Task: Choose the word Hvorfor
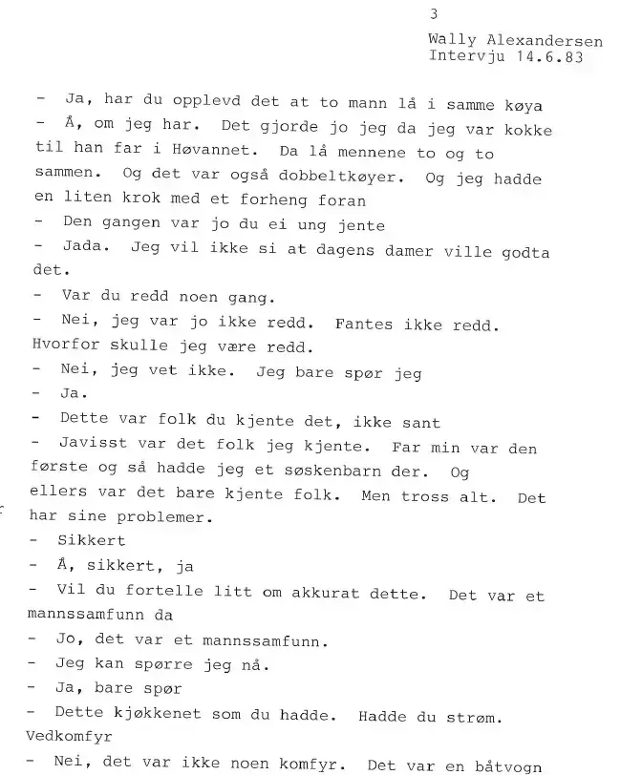coord(63,349)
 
